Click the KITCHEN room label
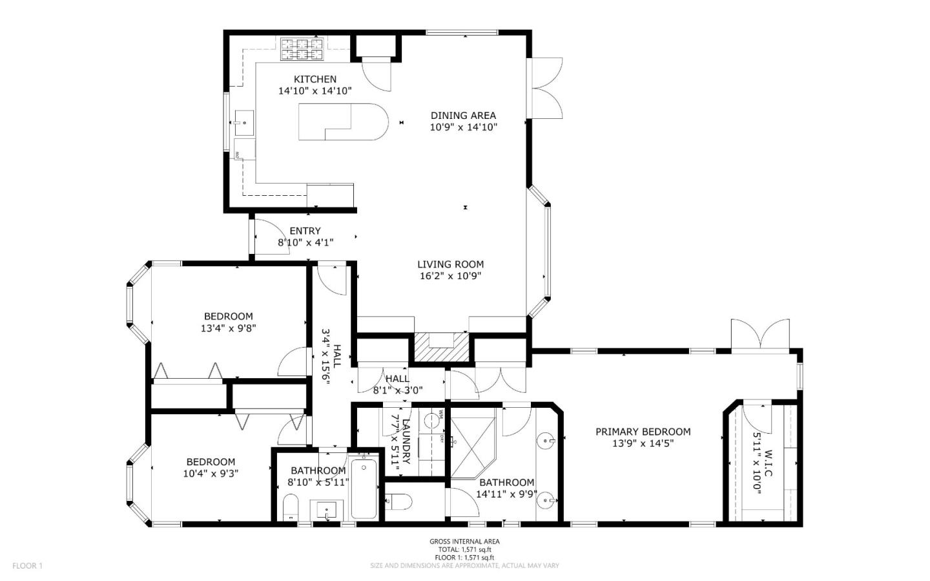point(315,79)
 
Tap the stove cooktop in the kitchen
point(301,49)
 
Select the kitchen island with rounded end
point(343,121)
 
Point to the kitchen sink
point(244,121)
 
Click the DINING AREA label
point(463,116)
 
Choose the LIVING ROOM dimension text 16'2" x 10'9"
point(450,276)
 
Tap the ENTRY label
point(305,231)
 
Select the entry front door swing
point(268,236)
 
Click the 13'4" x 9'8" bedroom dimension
point(229,328)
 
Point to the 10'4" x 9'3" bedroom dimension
point(211,473)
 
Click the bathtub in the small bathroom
point(364,488)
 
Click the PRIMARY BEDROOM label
point(643,432)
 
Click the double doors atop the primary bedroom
point(760,335)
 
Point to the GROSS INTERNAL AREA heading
point(464,542)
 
